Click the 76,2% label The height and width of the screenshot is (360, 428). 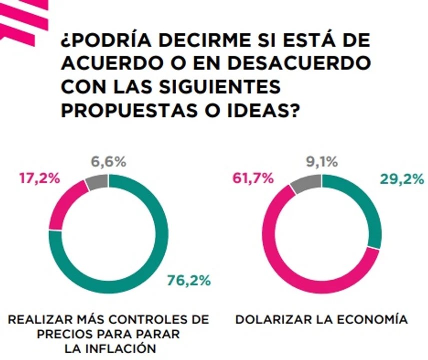tap(189, 280)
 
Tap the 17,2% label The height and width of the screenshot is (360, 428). tap(40, 179)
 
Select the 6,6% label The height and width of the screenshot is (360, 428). tap(109, 162)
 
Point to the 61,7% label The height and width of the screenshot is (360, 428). tap(253, 179)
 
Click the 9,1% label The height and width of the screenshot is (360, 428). tap(322, 162)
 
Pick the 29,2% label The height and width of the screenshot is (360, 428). tap(402, 179)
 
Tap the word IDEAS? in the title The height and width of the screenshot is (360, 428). tap(263, 110)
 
